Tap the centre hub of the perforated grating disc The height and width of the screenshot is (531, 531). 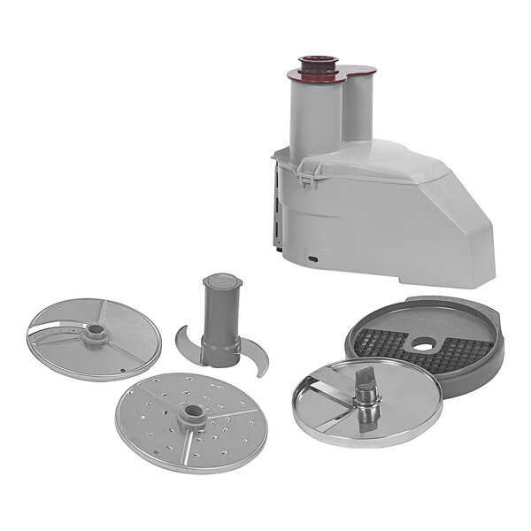pos(191,414)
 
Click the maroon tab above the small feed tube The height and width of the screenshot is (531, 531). pos(359,67)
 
